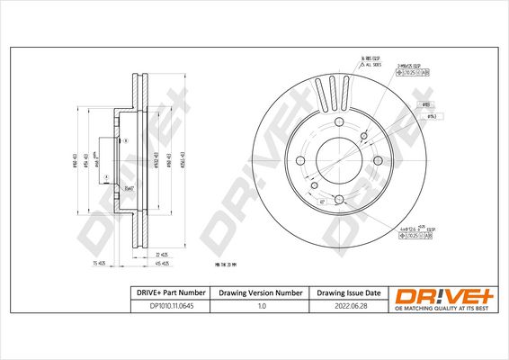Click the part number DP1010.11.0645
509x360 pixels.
[165, 308]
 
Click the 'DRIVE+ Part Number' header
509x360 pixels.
[165, 293]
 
